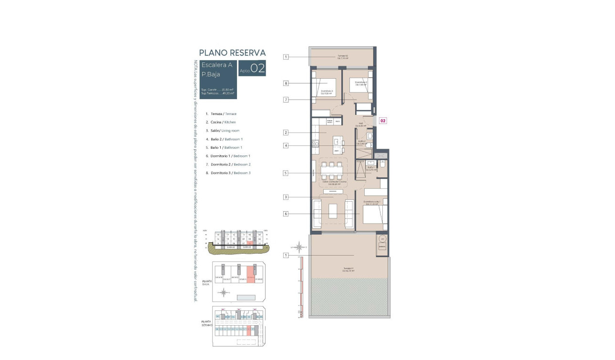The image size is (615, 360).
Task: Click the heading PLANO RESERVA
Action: coord(232,53)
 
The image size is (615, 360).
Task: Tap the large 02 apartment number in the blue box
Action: coord(257,69)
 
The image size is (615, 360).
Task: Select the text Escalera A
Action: coord(217,65)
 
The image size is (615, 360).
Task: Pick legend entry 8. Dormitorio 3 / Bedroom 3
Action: coord(228,173)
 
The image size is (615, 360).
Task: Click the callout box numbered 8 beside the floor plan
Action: coord(286,83)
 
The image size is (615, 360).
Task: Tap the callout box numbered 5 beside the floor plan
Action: coord(286,173)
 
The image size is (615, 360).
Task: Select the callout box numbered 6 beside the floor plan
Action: coord(286,214)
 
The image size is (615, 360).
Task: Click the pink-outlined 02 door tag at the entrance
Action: coord(383,121)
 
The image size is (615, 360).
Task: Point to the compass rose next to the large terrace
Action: coord(299,247)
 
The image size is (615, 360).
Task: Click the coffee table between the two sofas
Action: coord(333,211)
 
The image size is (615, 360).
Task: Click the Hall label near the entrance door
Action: coord(361,124)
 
